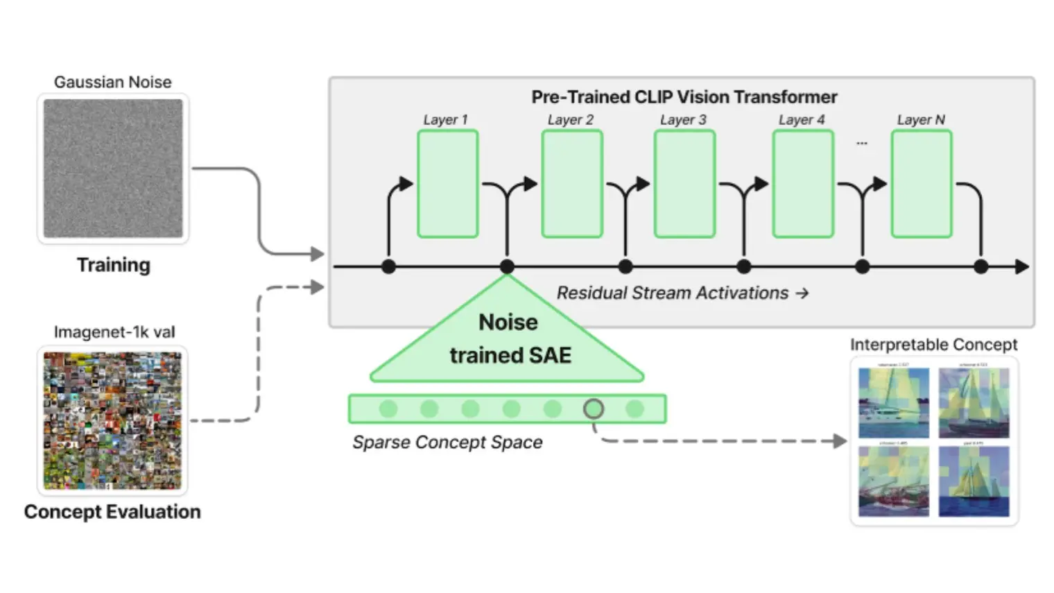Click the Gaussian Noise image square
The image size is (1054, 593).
coord(113,169)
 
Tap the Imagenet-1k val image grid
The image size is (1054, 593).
coord(112,420)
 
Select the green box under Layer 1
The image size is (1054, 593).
coord(448,184)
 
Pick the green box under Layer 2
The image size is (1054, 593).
coord(572,184)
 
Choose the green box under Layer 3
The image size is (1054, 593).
coord(684,184)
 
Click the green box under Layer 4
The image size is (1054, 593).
coord(803,184)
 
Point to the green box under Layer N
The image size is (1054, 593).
coord(922,184)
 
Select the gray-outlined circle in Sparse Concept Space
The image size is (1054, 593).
coord(594,409)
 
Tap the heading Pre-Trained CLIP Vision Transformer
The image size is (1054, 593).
coord(684,97)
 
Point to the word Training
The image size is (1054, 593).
coord(113,265)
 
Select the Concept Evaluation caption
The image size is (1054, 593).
coord(112,512)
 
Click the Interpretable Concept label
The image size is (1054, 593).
coord(933,345)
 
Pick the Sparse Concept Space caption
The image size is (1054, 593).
coord(447,442)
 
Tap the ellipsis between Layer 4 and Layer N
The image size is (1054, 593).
coord(862,144)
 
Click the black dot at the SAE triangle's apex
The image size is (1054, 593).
coord(507,266)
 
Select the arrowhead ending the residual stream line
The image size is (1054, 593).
coord(1022,266)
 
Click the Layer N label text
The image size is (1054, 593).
coord(921,120)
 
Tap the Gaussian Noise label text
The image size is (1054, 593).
coord(113,82)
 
